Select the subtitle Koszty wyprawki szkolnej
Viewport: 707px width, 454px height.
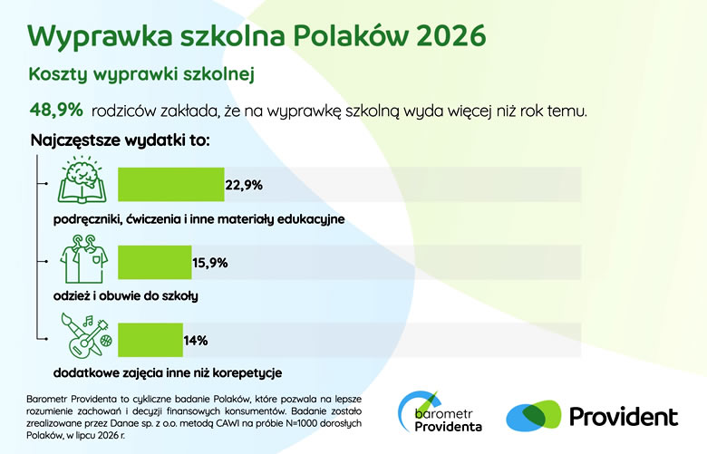[x=141, y=74]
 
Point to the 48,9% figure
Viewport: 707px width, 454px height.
[x=56, y=110]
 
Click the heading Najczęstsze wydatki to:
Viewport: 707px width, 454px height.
[x=120, y=140]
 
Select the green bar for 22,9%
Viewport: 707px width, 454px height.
[x=171, y=184]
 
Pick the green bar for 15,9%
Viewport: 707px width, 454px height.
[x=155, y=263]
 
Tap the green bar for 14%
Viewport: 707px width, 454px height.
[x=150, y=340]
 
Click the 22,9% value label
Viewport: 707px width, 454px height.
[x=244, y=185]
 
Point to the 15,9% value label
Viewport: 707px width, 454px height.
[x=210, y=263]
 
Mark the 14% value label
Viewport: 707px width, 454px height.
[x=196, y=341]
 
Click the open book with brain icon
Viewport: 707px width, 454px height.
[x=82, y=179]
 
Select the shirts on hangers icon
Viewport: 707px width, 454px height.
[x=84, y=259]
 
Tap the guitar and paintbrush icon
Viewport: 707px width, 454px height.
[x=86, y=336]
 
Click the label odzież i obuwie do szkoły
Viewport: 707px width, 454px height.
[x=126, y=296]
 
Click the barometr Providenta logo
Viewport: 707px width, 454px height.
[x=440, y=411]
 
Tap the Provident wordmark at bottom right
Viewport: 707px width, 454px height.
[x=624, y=417]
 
